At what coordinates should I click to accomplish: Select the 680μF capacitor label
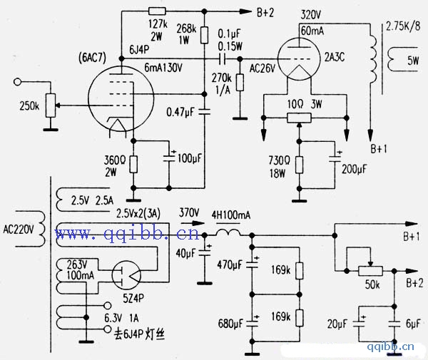pyautogui.click(x=230, y=325)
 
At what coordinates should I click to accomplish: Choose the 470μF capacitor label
pyautogui.click(x=230, y=265)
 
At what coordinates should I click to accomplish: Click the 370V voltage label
pyautogui.click(x=189, y=212)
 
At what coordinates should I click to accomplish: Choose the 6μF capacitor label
pyautogui.click(x=413, y=324)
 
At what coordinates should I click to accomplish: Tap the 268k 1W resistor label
pyautogui.click(x=187, y=34)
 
